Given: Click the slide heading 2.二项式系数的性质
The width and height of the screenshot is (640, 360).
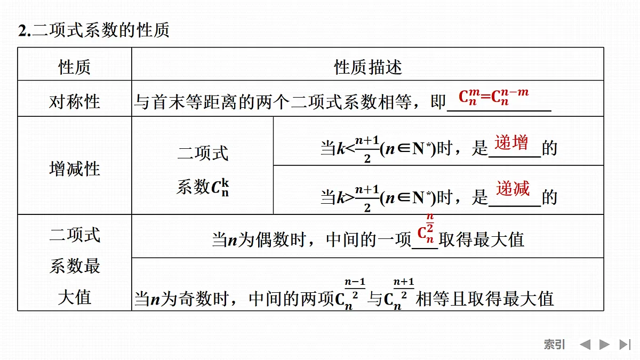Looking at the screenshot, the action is coord(94,30).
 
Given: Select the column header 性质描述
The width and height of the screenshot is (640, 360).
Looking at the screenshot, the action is coord(368,67).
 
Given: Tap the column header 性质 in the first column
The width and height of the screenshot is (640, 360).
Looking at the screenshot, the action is coord(74,67).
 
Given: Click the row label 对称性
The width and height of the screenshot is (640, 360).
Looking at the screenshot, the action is coord(74,102).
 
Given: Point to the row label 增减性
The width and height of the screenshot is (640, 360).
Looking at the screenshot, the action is coord(74,169).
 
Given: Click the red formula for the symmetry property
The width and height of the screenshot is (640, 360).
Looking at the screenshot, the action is coord(493,97).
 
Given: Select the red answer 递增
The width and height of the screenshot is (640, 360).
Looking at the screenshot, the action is coord(511,142).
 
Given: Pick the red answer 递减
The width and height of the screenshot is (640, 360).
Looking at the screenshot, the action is coord(513,188).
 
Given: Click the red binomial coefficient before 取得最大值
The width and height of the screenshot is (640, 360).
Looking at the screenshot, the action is coord(426,229).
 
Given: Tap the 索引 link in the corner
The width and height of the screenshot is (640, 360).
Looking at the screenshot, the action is coord(554,345).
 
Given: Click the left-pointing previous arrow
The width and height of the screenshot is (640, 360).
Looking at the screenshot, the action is coord(585,345).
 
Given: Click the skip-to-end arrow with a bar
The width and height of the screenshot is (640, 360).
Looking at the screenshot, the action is coord(625,345).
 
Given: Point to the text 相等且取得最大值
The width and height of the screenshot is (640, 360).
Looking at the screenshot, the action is coord(485,299).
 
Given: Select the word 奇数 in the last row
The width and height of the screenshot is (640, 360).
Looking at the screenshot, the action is coord(195,299).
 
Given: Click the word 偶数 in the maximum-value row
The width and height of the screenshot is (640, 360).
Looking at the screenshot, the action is coord(273,239).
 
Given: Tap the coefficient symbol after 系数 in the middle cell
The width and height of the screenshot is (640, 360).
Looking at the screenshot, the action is coord(220,187).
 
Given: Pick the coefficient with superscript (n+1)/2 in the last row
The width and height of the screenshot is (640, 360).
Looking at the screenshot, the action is coord(399,294).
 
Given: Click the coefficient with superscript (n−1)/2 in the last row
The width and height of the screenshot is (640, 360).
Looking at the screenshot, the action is coord(350,294).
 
